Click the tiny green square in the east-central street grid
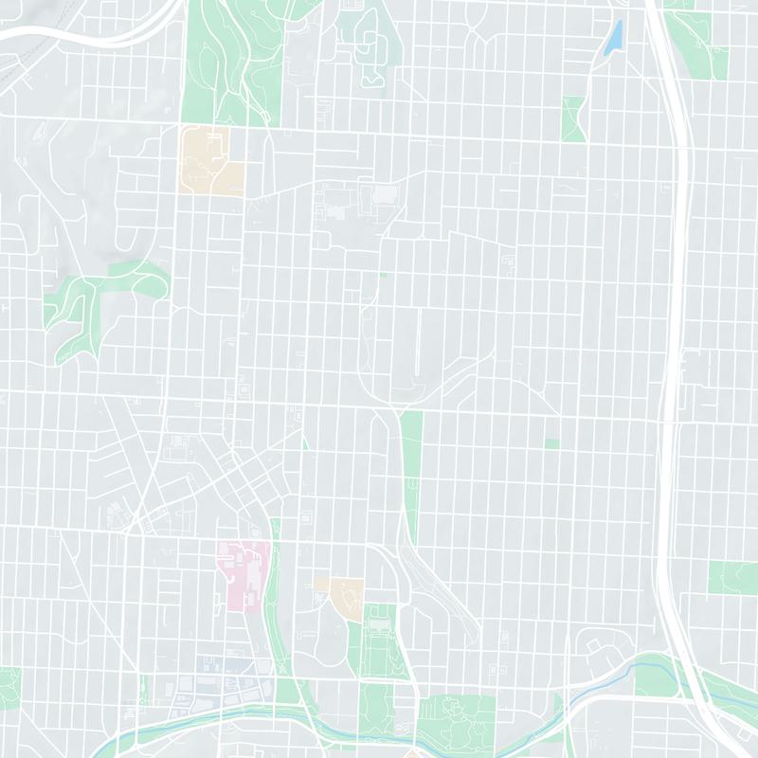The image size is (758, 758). click(x=551, y=443)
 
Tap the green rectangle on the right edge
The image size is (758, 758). click(x=733, y=578)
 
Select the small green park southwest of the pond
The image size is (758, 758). click(x=573, y=118)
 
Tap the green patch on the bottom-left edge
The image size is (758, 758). click(x=9, y=687)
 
